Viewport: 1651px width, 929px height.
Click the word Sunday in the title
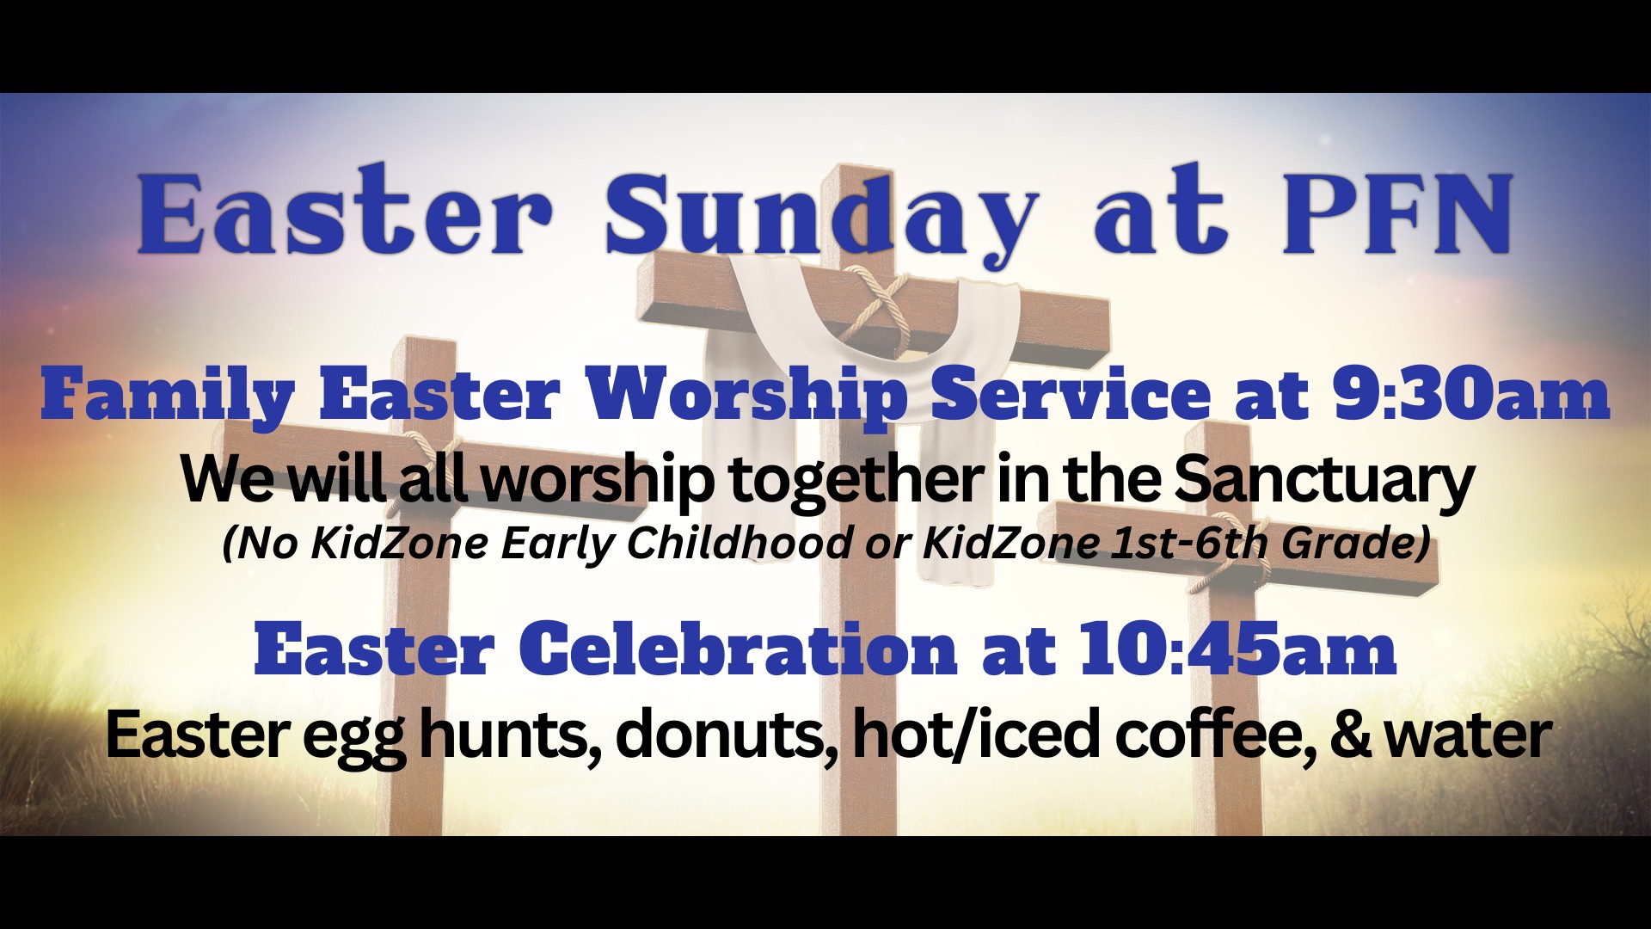(820, 215)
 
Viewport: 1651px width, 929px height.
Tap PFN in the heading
(1397, 212)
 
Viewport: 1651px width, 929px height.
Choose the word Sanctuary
(1324, 482)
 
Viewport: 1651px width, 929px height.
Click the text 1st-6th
(1190, 543)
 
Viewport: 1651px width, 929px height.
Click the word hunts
(508, 735)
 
